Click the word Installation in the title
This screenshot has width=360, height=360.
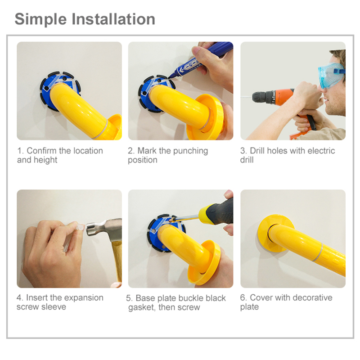tap(113, 19)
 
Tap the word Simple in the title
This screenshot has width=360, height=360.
tap(40, 20)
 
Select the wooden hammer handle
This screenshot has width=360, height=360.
tap(117, 262)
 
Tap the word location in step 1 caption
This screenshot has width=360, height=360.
tap(88, 151)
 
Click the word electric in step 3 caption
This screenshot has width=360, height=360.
tap(321, 151)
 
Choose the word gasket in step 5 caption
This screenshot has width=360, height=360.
tap(141, 307)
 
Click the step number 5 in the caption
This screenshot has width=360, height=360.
tap(129, 298)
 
